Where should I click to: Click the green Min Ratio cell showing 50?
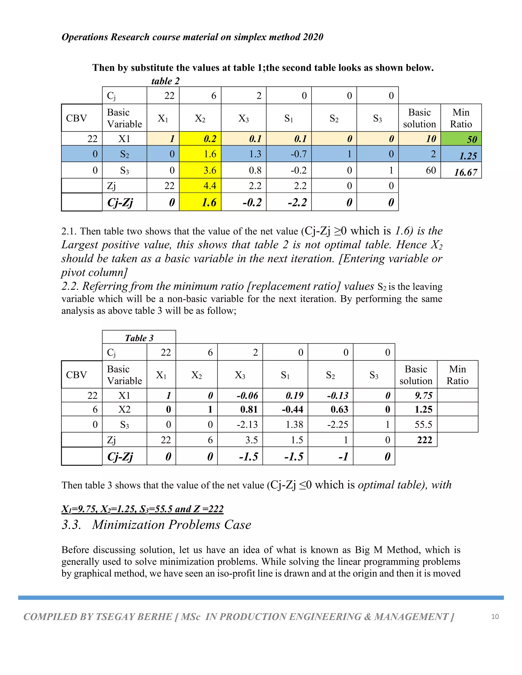tap(461, 139)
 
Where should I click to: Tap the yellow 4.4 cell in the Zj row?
tap(200, 186)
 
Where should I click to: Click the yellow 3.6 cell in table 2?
tap(200, 170)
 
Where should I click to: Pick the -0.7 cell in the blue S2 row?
tap(289, 154)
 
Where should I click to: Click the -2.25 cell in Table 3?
tap(331, 424)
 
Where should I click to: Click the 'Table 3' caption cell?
tap(139, 338)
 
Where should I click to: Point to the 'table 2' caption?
tap(165, 81)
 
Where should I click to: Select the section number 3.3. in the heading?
tap(72, 525)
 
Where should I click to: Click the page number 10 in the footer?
tap(495, 617)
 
